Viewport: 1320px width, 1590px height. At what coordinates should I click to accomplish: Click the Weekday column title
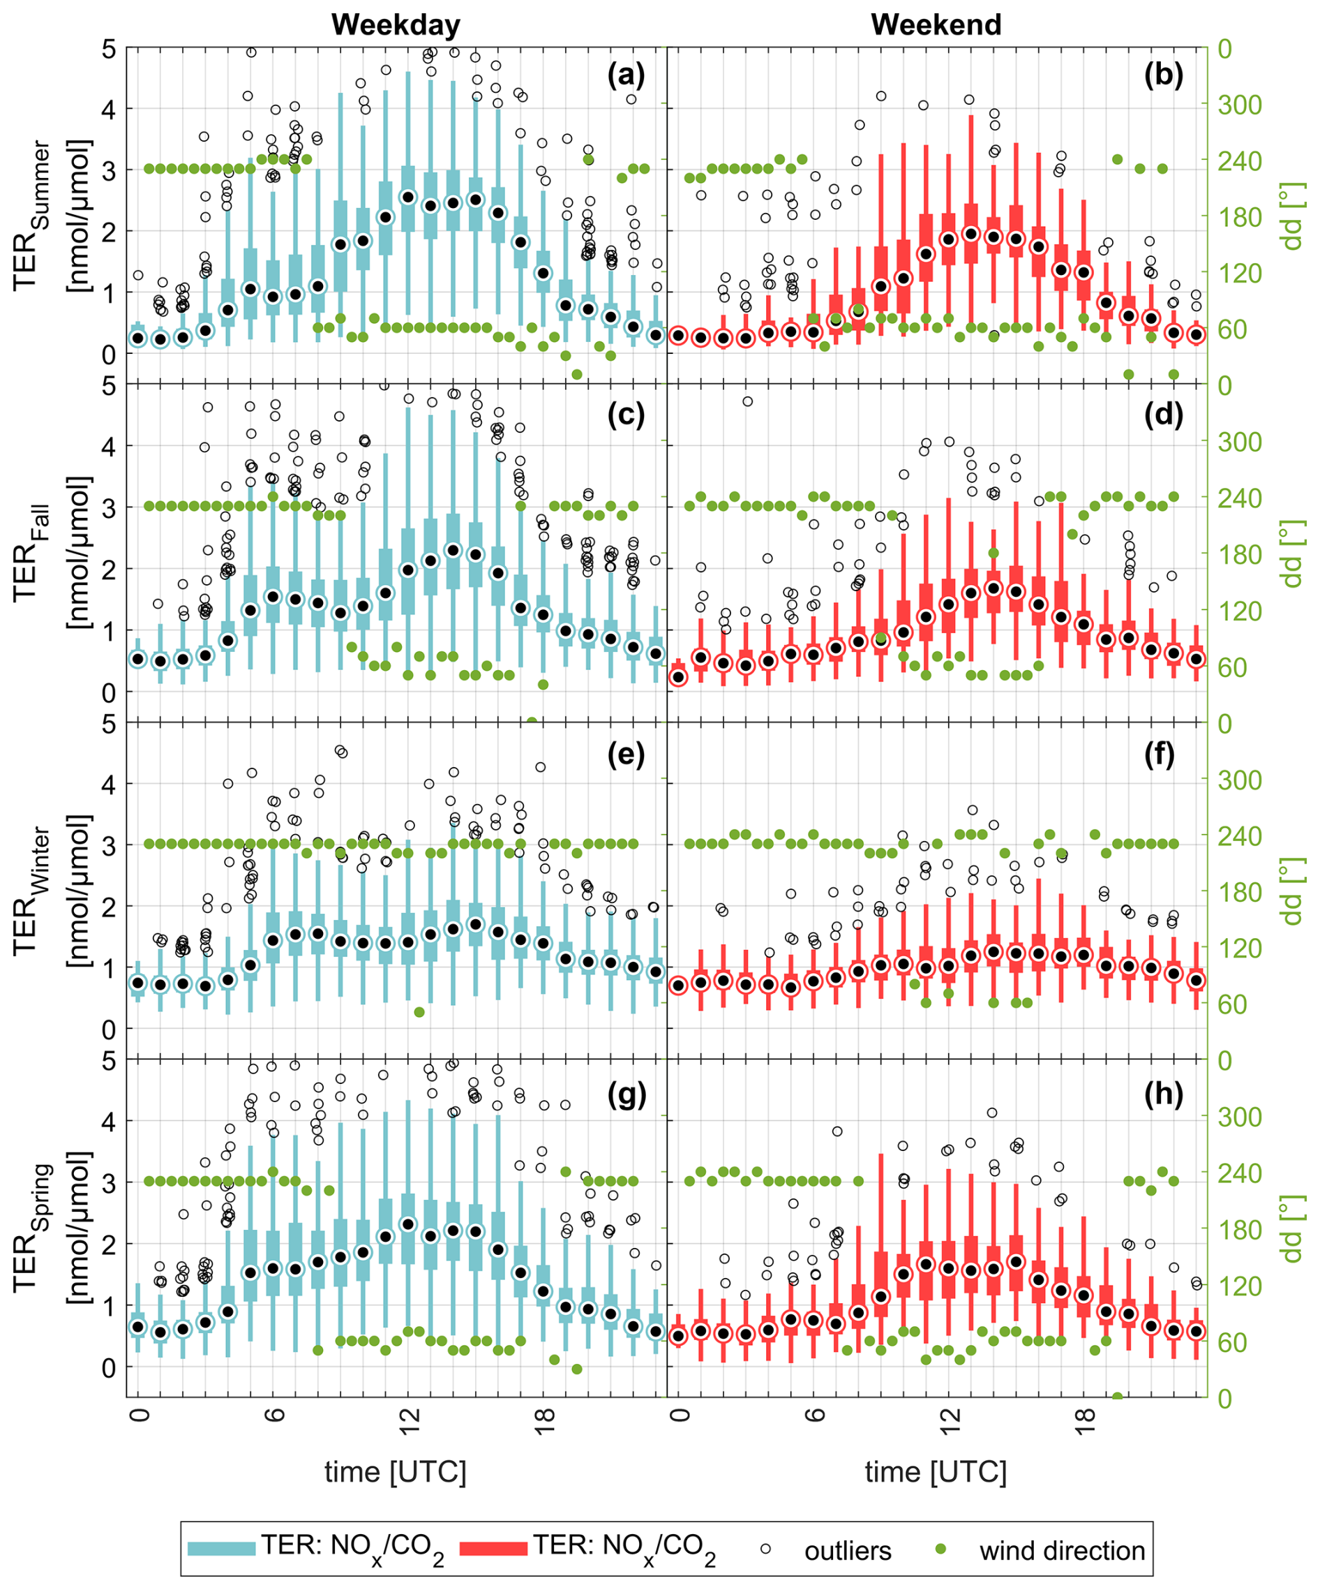395,25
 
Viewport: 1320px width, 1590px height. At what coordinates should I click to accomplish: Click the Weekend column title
936,25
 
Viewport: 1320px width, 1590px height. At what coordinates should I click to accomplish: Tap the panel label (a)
626,75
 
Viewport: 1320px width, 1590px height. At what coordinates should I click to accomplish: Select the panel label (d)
1162,414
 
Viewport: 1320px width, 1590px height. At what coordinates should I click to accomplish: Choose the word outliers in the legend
848,1551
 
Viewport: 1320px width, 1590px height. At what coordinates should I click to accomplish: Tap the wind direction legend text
1062,1551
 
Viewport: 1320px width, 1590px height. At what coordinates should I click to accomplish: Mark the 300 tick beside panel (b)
1240,105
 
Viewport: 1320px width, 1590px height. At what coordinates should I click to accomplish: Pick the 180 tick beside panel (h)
1240,1230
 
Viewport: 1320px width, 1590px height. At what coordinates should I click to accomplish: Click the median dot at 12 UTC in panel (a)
409,198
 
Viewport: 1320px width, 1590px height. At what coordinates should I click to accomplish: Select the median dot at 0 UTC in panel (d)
679,678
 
